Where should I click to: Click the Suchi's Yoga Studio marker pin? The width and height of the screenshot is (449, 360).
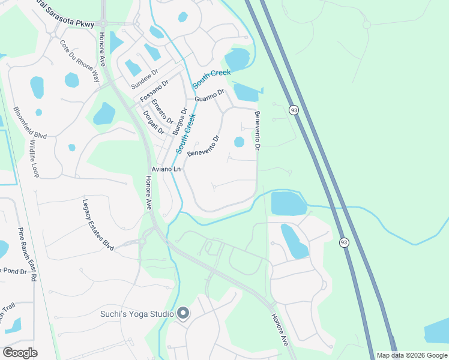(184, 313)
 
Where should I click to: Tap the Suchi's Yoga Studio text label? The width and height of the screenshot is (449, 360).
(137, 314)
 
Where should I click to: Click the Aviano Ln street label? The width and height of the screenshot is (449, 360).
(166, 170)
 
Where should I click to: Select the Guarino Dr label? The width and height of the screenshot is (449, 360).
(208, 95)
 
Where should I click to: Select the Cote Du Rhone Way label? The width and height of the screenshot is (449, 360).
(80, 61)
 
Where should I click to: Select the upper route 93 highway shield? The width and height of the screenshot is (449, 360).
(294, 110)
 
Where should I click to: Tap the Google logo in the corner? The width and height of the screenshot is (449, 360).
(20, 353)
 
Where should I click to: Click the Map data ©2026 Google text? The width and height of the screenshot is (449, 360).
(412, 355)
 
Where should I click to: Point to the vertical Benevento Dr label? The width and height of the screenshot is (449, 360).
(258, 131)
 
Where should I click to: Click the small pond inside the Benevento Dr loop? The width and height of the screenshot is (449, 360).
(239, 142)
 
